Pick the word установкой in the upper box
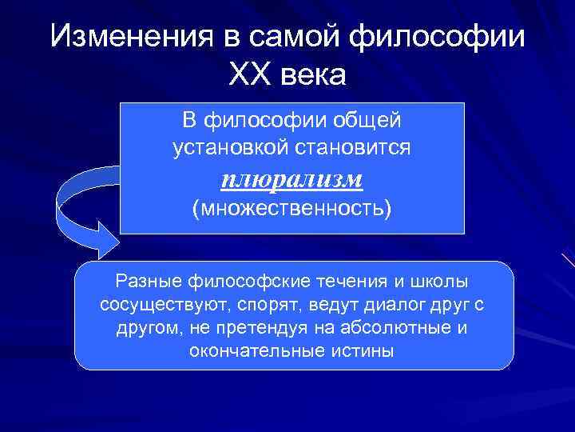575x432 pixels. point(222,148)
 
